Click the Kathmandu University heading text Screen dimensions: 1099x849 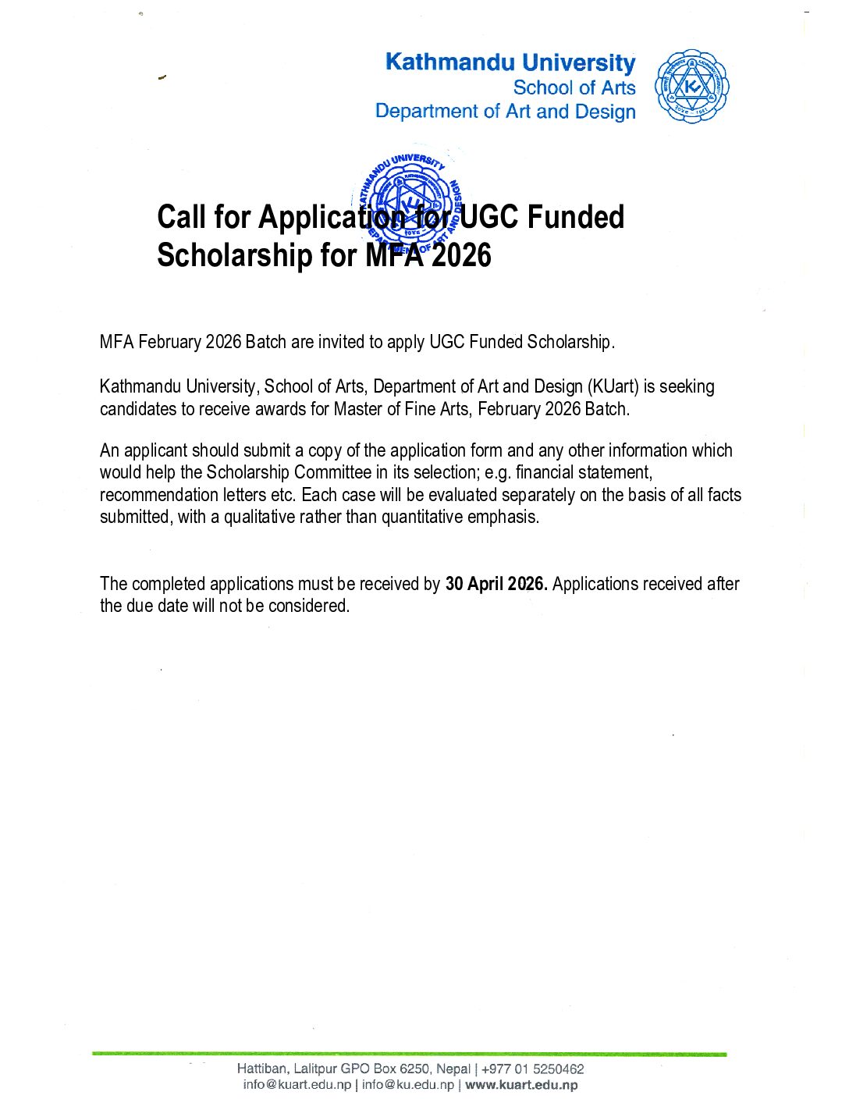(510, 62)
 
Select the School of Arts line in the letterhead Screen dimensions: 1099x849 (574, 87)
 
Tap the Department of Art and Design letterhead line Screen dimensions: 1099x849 (506, 112)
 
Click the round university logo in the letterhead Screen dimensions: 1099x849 (691, 87)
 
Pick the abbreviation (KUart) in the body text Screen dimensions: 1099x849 (613, 386)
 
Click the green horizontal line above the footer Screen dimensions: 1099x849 (409, 1054)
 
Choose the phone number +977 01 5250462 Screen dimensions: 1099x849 (533, 1069)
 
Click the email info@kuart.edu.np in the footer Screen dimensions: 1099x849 (297, 1085)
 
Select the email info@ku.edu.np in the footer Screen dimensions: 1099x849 (407, 1085)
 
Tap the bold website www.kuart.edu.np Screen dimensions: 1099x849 (521, 1085)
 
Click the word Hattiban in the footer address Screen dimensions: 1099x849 (262, 1069)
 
